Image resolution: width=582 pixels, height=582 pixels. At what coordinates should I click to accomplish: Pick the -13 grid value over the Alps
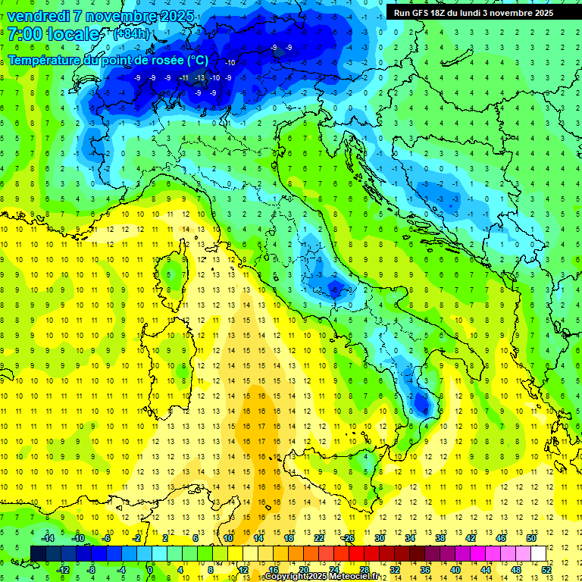coord(199,77)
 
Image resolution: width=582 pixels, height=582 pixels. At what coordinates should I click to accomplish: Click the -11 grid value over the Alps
coord(183,77)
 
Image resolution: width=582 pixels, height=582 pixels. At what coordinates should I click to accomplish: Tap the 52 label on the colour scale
coord(546,569)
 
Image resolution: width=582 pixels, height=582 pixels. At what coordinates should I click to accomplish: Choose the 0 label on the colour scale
coord(150,569)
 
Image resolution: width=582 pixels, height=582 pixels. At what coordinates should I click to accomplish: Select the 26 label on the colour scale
coord(349,538)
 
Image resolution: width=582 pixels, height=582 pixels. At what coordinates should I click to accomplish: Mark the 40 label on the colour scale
coord(455,569)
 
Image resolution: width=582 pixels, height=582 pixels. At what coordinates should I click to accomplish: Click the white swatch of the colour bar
coord(538,553)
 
